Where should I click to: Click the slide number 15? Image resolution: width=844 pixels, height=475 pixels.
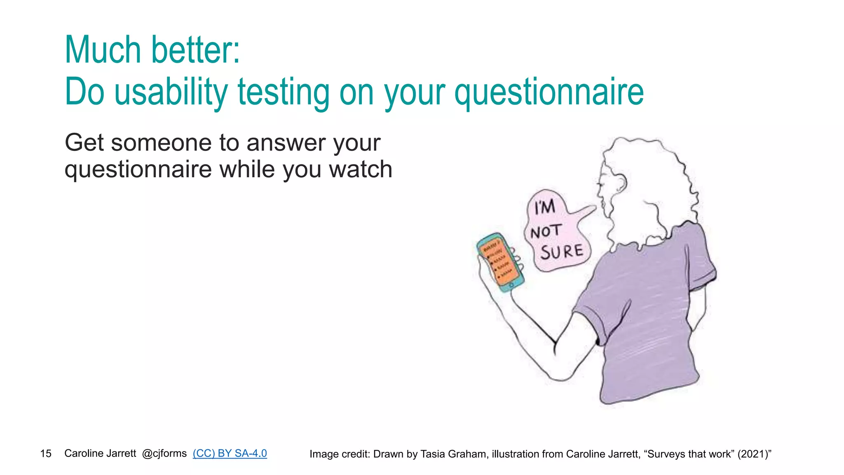coord(46,454)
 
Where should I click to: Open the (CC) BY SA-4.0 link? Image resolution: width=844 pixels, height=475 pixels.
coord(230,453)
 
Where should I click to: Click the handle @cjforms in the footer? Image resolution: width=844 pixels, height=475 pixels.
coord(164,453)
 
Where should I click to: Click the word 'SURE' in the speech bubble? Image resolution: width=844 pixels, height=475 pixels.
coord(561,252)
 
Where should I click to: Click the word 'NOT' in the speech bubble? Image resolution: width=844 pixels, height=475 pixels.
coord(546,231)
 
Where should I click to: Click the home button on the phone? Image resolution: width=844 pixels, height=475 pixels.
coord(511,285)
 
